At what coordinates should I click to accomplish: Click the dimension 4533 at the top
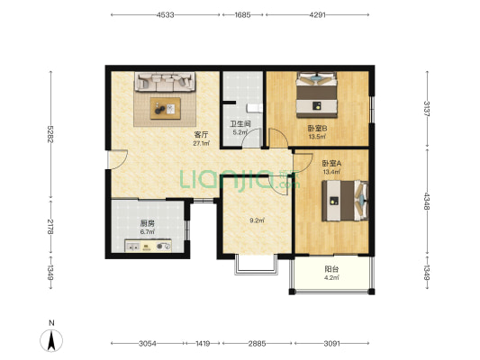[x=166, y=14]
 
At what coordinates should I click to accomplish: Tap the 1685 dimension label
[x=242, y=14]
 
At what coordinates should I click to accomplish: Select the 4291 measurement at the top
[x=317, y=14]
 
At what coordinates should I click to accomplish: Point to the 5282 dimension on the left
[x=50, y=134]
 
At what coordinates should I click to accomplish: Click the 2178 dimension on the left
[x=50, y=227]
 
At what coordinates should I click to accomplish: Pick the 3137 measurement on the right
[x=427, y=108]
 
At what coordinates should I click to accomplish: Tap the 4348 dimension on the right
[x=427, y=202]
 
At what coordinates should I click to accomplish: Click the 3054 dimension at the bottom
[x=148, y=344]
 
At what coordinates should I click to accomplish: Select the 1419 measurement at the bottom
[x=203, y=344]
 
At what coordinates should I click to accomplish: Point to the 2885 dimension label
[x=257, y=344]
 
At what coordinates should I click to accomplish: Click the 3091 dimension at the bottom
[x=331, y=344]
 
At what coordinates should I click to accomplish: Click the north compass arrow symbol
[x=51, y=340]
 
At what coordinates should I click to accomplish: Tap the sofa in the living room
[x=165, y=82]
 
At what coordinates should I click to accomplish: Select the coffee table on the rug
[x=166, y=109]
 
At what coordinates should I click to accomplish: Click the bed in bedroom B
[x=316, y=94]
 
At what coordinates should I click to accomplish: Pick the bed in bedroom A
[x=345, y=201]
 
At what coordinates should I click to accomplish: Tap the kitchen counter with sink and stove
[x=148, y=246]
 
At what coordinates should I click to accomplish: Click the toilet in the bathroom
[x=255, y=108]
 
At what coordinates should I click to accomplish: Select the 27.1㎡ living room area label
[x=201, y=143]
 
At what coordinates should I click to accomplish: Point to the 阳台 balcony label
[x=331, y=269]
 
